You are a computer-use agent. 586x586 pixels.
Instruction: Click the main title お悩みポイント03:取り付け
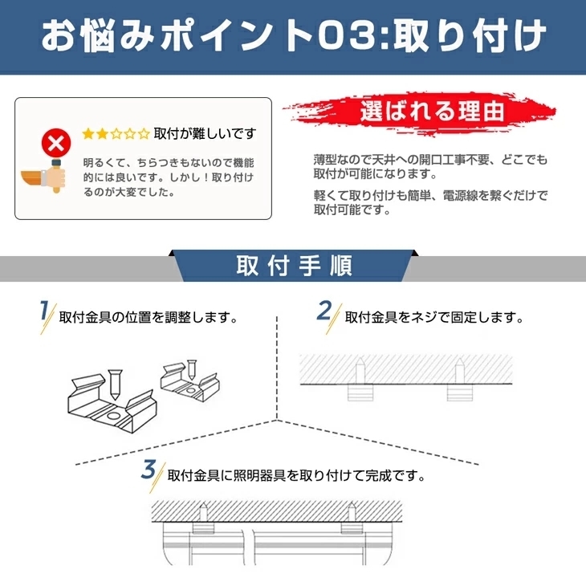tap(293, 36)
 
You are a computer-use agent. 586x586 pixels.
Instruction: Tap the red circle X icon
tap(55, 145)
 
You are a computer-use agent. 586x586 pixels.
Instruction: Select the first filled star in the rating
tap(89, 133)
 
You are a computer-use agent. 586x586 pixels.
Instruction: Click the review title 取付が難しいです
tap(205, 133)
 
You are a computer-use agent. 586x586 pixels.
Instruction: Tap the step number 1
tap(46, 312)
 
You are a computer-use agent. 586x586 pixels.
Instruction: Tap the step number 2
tap(324, 312)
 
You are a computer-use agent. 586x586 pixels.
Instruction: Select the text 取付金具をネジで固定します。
tap(433, 317)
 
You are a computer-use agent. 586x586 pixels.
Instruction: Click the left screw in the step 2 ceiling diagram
tap(360, 373)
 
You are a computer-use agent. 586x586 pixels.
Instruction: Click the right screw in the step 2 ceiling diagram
tap(458, 373)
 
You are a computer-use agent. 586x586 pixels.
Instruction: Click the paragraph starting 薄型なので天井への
tap(430, 166)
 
